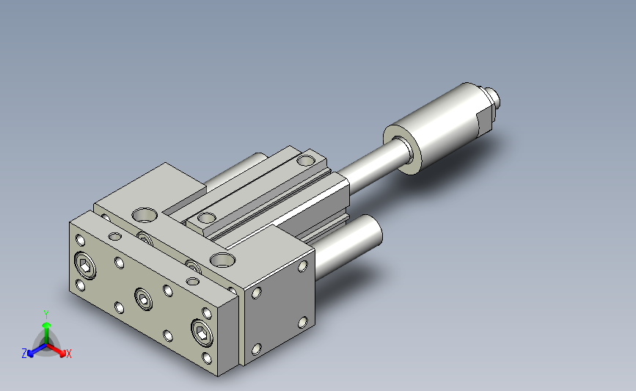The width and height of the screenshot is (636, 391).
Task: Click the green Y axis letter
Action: (x=46, y=315)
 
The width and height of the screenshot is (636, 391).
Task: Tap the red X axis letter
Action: (x=68, y=354)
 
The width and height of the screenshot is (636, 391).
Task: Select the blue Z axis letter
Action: (x=24, y=354)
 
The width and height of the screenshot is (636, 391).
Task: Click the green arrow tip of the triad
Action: (x=47, y=325)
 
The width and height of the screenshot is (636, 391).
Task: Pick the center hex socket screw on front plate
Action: (x=143, y=299)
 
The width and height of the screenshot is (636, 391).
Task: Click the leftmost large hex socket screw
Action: (x=86, y=266)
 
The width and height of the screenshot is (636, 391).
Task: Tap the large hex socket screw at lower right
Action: (x=202, y=332)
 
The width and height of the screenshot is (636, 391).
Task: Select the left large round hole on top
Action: (x=145, y=215)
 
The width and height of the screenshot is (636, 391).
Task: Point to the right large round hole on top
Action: (x=223, y=260)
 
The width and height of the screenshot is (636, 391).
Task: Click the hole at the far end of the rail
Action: (x=306, y=160)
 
